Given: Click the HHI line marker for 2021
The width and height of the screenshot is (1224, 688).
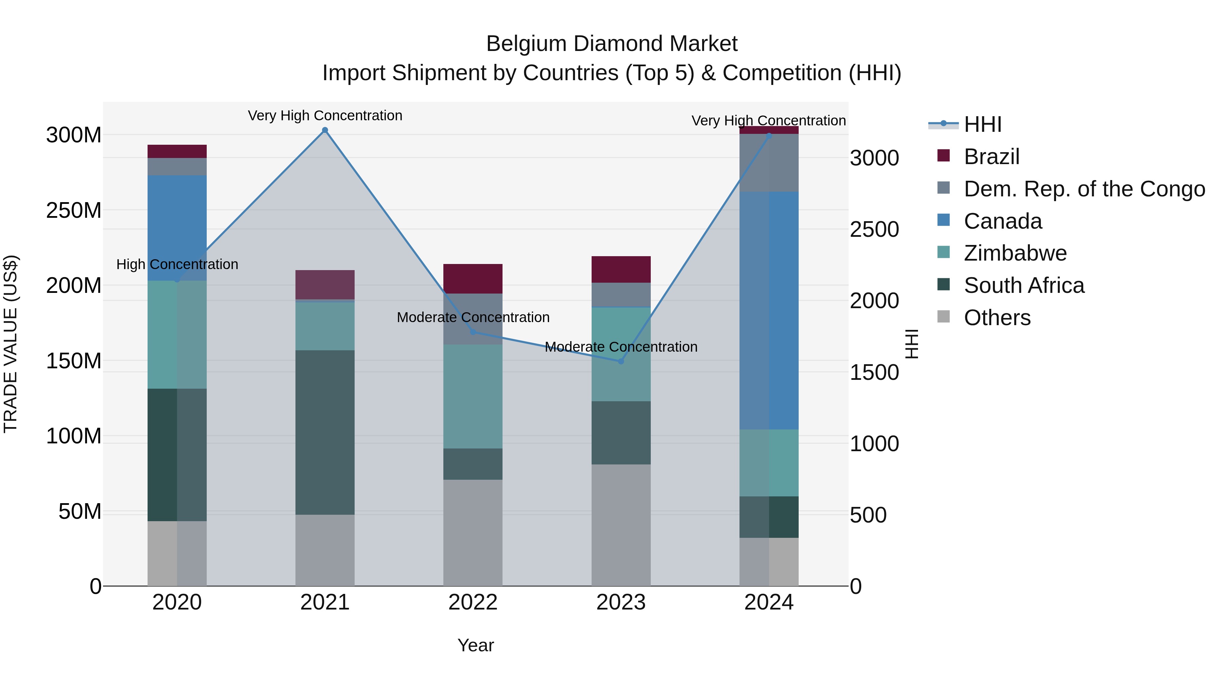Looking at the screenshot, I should tap(325, 130).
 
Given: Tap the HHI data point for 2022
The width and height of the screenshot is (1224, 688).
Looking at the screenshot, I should tap(473, 332).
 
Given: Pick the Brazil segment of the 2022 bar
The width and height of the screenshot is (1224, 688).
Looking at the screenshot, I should tap(473, 279).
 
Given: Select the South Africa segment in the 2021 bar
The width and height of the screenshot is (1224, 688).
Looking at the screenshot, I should tap(325, 432).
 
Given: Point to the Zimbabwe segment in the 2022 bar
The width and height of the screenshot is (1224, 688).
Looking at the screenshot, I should tap(473, 396).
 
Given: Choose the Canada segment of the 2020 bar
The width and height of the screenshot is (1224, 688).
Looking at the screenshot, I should tap(177, 228).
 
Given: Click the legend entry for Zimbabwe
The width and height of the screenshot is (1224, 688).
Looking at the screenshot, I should tap(1015, 253).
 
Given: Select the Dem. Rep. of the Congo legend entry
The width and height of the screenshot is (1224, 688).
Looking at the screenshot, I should tap(1084, 189).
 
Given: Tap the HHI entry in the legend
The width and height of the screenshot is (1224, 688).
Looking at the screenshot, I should tap(983, 124).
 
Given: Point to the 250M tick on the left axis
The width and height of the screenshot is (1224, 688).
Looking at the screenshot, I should tap(74, 210).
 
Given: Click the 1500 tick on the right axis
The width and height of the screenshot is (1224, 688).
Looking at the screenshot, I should tap(874, 373).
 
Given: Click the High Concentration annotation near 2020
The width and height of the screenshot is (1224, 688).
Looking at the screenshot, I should tap(177, 264).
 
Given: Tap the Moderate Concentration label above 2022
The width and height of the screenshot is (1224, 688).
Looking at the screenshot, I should tap(473, 317).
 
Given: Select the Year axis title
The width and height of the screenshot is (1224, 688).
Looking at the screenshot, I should tap(475, 645).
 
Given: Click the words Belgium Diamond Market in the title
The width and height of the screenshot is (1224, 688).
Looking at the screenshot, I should tap(612, 44).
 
